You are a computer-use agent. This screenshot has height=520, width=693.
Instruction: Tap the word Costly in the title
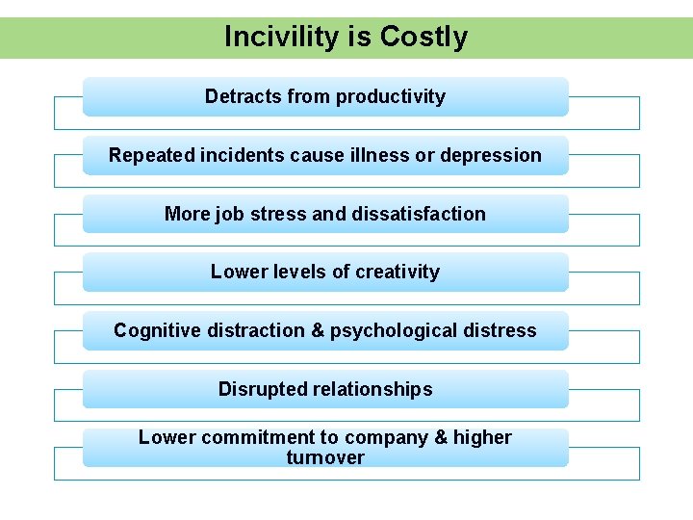tap(423, 38)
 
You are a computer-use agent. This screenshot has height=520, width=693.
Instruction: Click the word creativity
tap(398, 273)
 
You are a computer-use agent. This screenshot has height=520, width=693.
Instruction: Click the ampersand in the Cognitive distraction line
tap(318, 331)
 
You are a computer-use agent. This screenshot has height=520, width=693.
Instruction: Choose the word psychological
tap(394, 331)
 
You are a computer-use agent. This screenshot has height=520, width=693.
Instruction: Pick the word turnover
tap(325, 458)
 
